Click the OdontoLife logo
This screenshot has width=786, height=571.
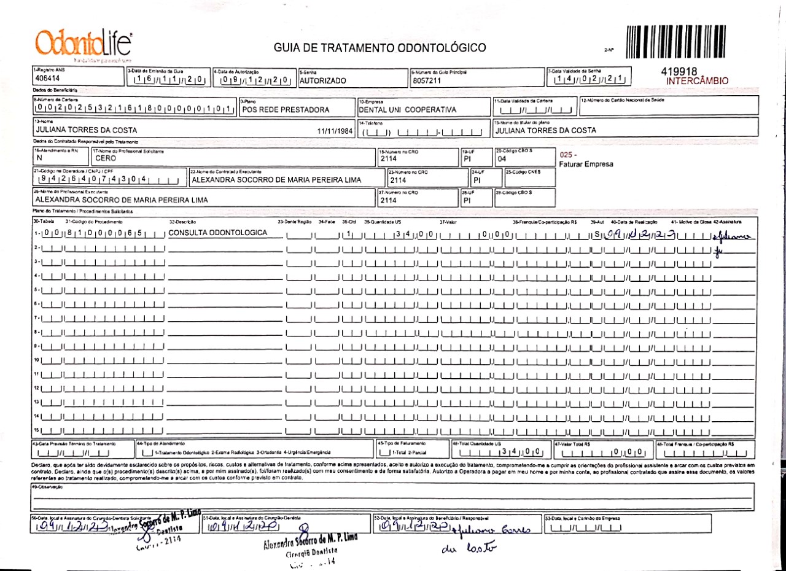tap(84, 43)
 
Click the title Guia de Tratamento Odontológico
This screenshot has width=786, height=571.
tap(379, 48)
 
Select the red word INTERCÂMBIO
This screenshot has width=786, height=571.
tap(697, 80)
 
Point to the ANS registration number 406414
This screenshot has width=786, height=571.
tap(48, 79)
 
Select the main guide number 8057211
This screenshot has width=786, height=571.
tap(427, 80)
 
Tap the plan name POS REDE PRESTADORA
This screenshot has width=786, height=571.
tap(286, 110)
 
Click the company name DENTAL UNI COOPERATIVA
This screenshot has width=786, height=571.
tap(408, 110)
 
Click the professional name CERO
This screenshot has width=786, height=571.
tap(106, 158)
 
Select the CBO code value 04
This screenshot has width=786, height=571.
tap(502, 158)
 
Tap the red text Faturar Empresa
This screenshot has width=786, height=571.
tap(586, 164)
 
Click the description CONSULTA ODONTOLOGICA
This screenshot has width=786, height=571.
tap(218, 233)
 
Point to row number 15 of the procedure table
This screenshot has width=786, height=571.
tap(37, 430)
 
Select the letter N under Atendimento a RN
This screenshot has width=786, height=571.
tap(39, 158)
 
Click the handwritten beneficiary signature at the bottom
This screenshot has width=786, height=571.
tap(474, 530)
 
